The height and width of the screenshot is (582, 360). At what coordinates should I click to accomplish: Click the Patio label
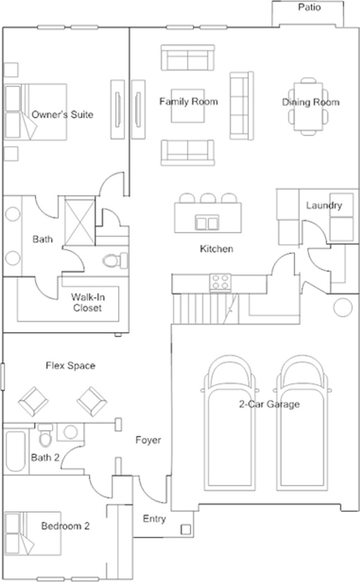pos(309,8)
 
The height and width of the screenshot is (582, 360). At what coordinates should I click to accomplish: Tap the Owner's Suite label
pos(62,115)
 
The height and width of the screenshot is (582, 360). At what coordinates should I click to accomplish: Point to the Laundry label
pos(324,205)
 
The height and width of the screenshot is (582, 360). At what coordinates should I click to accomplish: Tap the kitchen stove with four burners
pos(220,282)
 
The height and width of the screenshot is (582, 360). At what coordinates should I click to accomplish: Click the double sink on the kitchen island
pos(207,223)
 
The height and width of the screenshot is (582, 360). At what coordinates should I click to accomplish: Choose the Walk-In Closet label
pos(86,302)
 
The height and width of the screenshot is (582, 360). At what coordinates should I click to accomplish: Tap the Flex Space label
pos(70,366)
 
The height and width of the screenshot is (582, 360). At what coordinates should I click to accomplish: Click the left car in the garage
pos(229,424)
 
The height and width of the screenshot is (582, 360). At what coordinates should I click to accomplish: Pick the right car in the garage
pos(302,424)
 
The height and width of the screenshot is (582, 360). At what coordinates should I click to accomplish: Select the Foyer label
pos(148,440)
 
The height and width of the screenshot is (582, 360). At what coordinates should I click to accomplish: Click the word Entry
pos(154,519)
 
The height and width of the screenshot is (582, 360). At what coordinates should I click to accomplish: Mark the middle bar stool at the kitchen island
pos(208,199)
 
